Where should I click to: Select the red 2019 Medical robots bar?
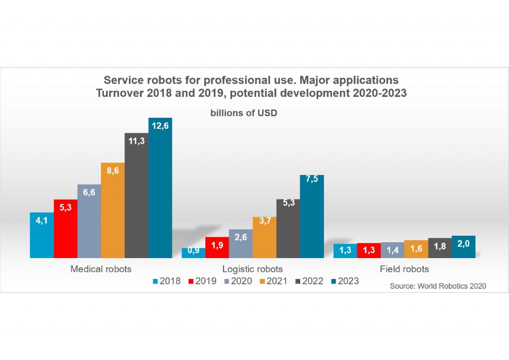point(66,229)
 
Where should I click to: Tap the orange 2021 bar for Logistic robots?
point(264,237)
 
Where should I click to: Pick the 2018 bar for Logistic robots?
point(193,253)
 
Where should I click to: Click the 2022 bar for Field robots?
point(440,248)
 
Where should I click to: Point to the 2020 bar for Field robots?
point(392,250)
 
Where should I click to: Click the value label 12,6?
point(160,126)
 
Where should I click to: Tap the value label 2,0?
point(464,243)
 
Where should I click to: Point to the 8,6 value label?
point(113,171)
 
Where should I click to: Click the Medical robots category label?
point(101,269)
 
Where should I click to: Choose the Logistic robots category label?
point(252,269)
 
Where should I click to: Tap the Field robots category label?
point(404,269)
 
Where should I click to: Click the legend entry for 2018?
point(167,281)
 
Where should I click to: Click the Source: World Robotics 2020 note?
point(438,286)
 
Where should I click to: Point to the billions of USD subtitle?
point(244,113)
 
